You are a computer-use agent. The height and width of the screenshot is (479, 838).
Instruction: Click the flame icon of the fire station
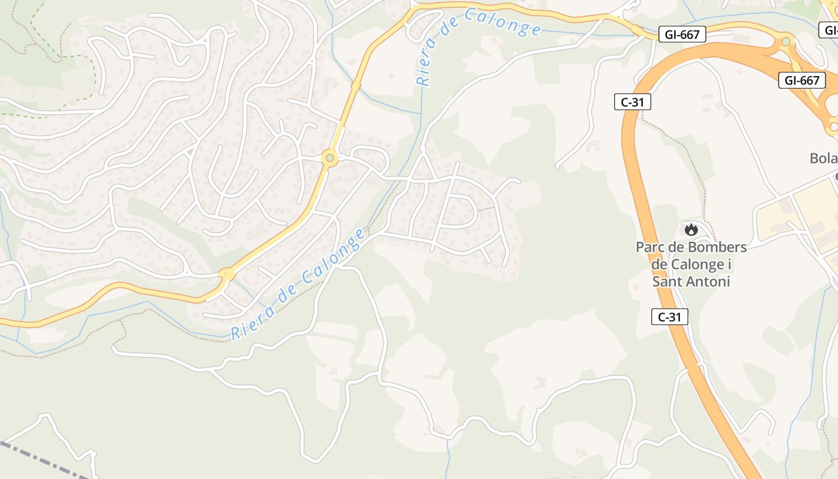pyautogui.click(x=691, y=229)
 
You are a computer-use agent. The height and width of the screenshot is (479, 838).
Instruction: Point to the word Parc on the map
pyautogui.click(x=649, y=247)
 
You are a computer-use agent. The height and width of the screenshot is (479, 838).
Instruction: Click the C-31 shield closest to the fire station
pyautogui.click(x=670, y=317)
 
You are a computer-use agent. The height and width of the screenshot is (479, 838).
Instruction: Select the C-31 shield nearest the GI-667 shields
pyautogui.click(x=632, y=102)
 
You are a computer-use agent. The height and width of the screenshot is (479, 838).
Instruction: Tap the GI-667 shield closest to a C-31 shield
pyautogui.click(x=682, y=34)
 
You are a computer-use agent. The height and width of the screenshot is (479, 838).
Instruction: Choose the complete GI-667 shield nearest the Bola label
pyautogui.click(x=801, y=80)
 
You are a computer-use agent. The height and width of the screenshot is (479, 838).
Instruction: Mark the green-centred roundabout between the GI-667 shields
pyautogui.click(x=785, y=42)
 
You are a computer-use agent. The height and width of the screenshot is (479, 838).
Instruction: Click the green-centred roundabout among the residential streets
pyautogui.click(x=329, y=159)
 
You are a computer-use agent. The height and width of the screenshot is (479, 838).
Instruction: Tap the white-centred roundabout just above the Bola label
pyautogui.click(x=833, y=126)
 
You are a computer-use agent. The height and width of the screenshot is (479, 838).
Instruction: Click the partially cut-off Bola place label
pyautogui.click(x=824, y=159)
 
